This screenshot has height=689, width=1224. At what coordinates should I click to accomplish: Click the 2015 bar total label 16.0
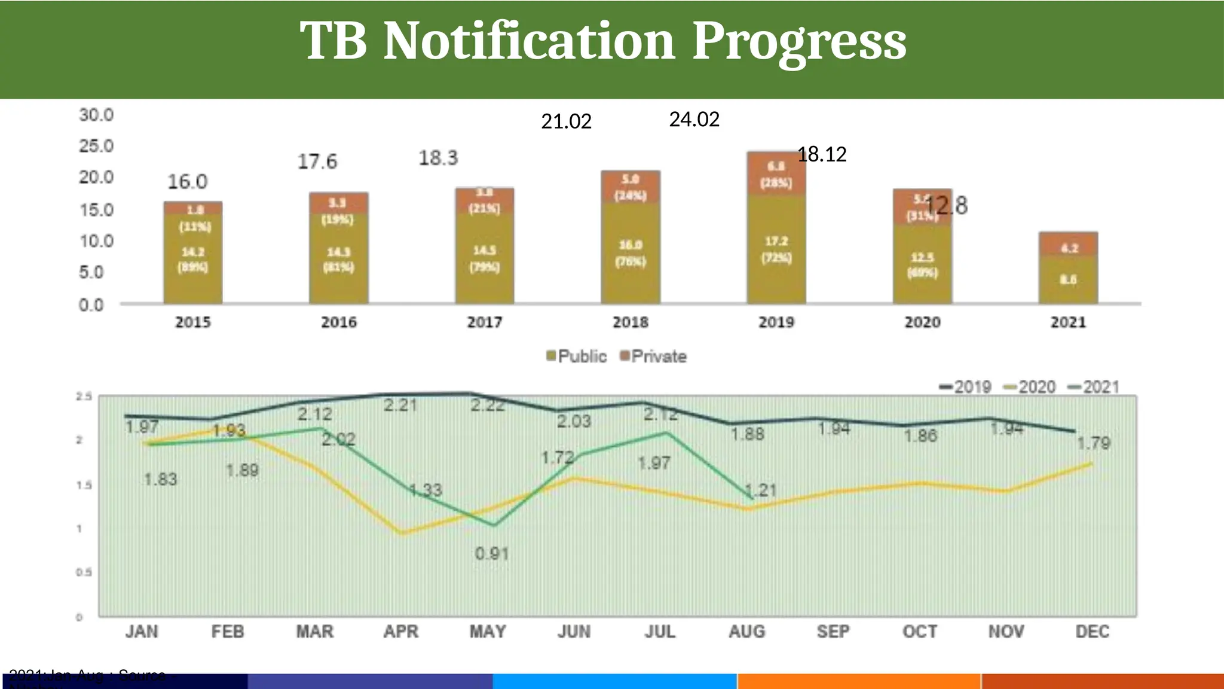(x=187, y=182)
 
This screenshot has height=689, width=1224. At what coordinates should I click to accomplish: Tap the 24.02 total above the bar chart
(x=694, y=120)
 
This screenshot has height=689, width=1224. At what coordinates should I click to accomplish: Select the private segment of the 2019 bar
(x=776, y=173)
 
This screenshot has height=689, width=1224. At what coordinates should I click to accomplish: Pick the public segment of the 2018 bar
(x=631, y=253)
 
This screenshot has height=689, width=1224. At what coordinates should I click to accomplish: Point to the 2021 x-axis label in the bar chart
(x=1068, y=322)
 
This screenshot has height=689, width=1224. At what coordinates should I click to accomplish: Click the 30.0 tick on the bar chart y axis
(x=96, y=115)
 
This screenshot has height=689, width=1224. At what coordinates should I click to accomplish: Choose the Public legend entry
(x=576, y=356)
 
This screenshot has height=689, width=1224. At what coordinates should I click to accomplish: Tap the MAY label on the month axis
(x=488, y=632)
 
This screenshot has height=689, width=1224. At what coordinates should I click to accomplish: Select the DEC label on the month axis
(x=1092, y=632)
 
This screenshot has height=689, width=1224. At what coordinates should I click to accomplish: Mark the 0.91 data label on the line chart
(x=491, y=554)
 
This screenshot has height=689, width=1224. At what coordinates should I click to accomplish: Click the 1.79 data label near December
(x=1093, y=443)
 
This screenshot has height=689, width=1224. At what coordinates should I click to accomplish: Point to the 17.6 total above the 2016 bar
(x=317, y=161)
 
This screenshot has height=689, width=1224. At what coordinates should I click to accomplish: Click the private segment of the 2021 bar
(x=1068, y=244)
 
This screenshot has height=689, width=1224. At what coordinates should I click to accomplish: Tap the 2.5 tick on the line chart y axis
(x=84, y=397)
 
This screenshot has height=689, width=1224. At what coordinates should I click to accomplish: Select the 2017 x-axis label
(x=484, y=322)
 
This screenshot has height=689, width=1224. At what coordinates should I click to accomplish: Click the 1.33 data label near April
(x=426, y=490)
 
